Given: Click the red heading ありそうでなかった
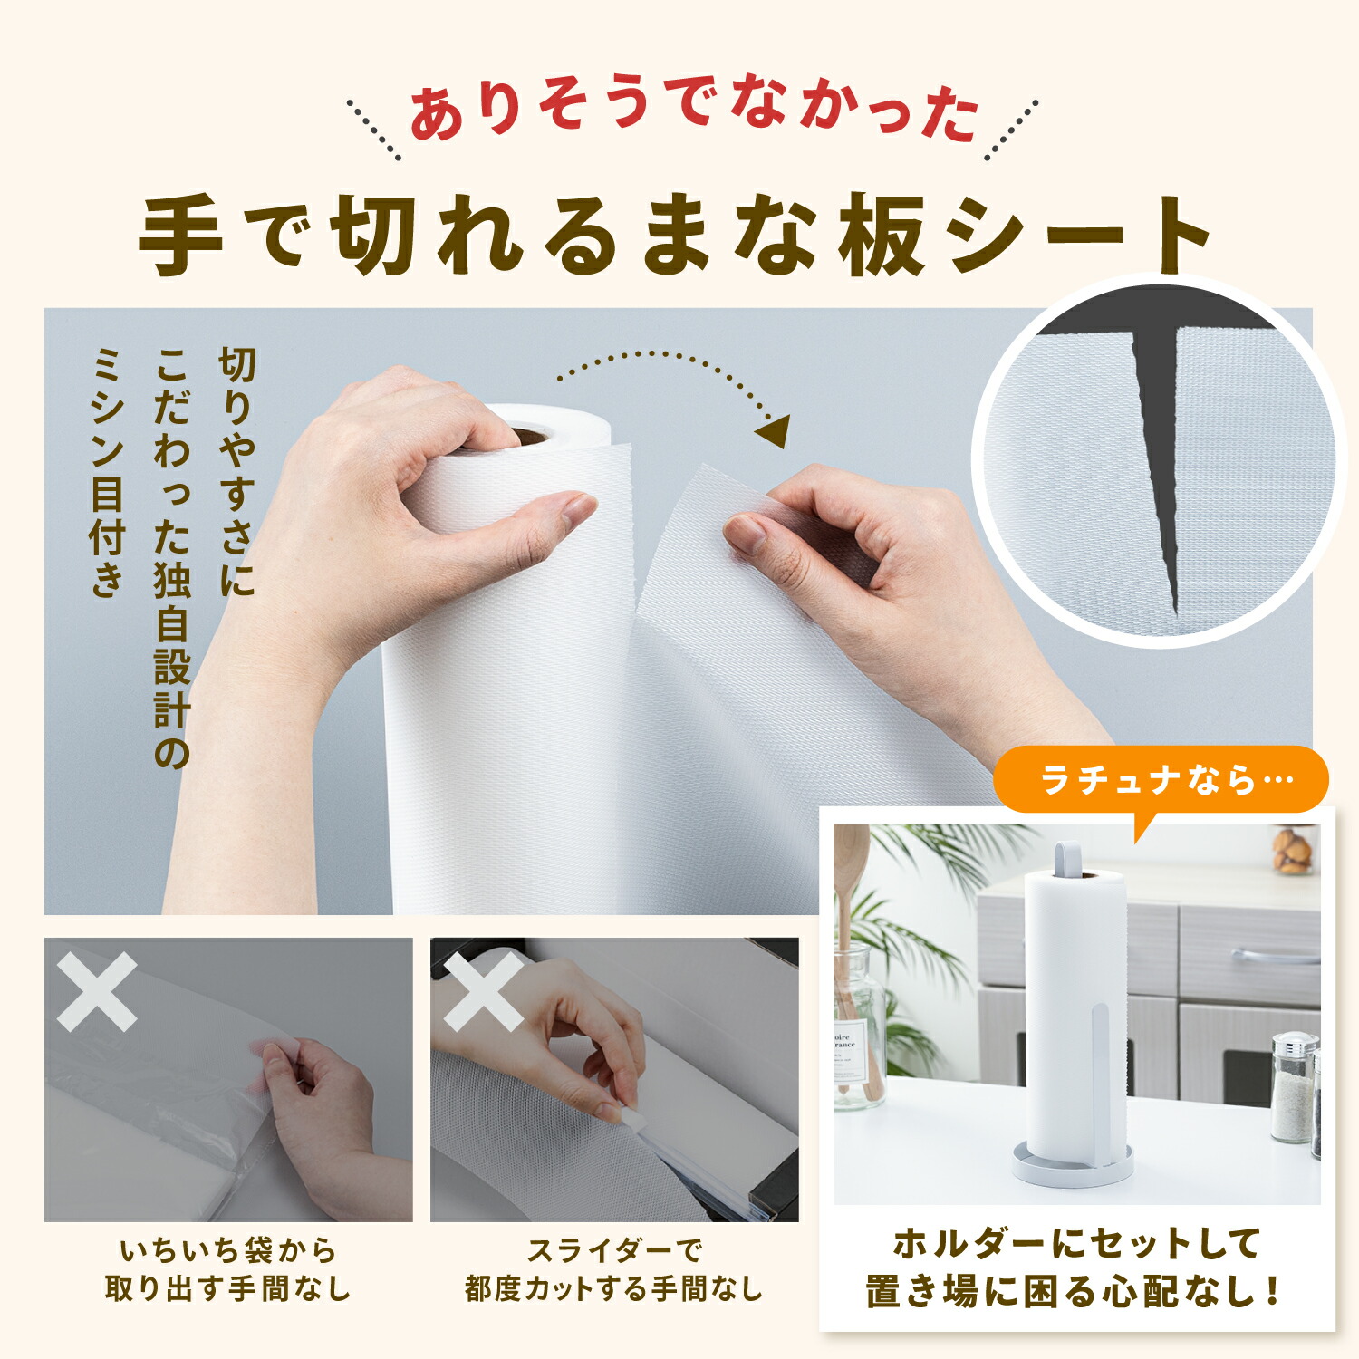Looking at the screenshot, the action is tap(695, 111).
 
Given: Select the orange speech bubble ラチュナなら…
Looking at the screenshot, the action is tap(1161, 781).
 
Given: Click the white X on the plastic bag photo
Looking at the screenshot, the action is tap(97, 991).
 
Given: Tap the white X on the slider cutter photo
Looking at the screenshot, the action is tap(483, 991).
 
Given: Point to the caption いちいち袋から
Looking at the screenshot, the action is tap(228, 1251).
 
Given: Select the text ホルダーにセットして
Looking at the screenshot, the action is tap(1077, 1243).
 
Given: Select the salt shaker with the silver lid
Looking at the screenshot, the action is tap(1294, 1086).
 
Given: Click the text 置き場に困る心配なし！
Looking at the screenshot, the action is tap(1075, 1291).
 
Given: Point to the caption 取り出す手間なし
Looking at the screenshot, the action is tap(227, 1288).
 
